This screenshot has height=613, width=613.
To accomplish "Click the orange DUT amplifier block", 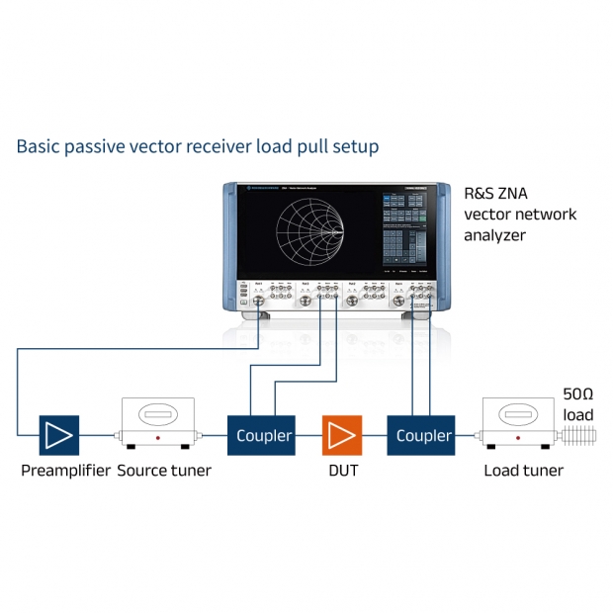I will (x=342, y=435).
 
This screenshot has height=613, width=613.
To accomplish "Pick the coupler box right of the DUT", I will (x=424, y=435).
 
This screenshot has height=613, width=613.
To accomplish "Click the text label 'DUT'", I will (x=343, y=471).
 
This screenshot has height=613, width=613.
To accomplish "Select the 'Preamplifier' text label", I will (x=65, y=471).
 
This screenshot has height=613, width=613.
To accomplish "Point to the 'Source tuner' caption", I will (x=164, y=471).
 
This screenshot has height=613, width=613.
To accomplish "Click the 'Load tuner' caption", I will (x=523, y=471).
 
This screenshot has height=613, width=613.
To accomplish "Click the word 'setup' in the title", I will (x=356, y=147).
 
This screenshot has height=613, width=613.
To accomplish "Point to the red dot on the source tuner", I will (x=157, y=437).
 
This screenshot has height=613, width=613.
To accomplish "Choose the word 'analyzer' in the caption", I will (x=495, y=235).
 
